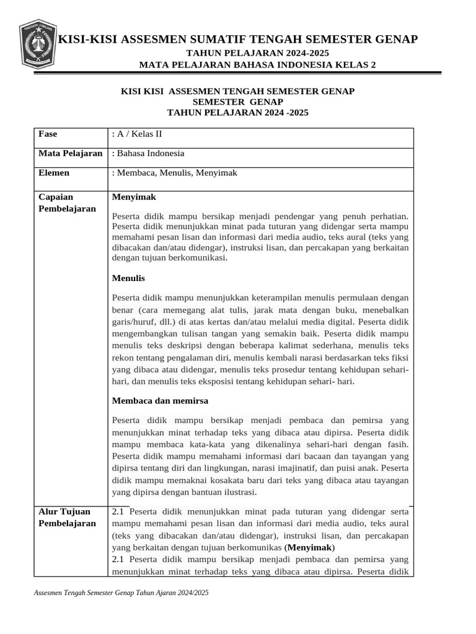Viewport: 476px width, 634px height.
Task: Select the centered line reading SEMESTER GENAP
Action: [x=237, y=102]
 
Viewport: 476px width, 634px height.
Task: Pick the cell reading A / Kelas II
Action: [x=138, y=134]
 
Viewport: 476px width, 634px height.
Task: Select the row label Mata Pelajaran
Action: [x=70, y=154]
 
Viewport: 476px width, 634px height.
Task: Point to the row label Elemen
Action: [x=54, y=173]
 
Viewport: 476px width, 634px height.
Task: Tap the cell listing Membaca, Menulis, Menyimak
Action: [x=175, y=173]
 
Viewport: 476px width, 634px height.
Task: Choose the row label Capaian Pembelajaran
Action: [x=67, y=202]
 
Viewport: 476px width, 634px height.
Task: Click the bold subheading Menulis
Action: [x=128, y=278]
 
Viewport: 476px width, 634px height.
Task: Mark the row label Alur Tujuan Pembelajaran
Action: [x=67, y=517]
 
